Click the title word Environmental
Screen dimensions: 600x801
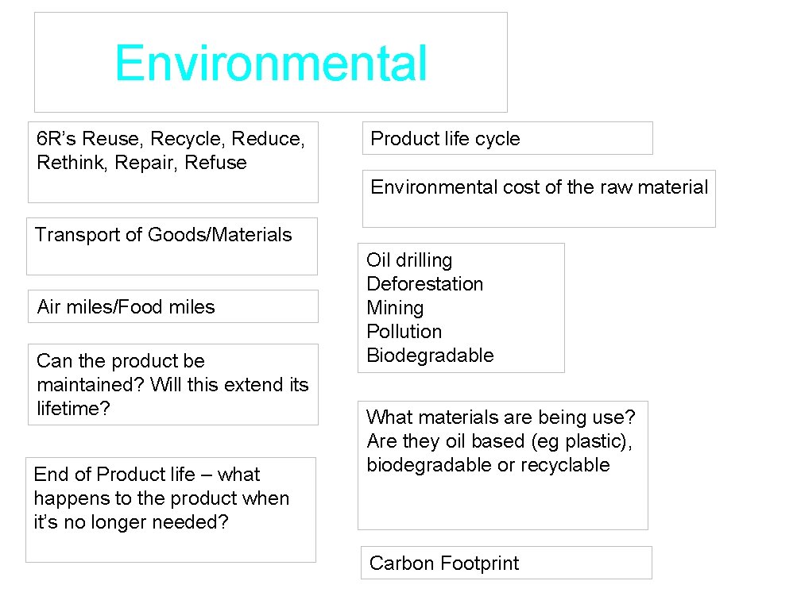click(271, 64)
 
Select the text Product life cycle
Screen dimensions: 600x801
click(445, 139)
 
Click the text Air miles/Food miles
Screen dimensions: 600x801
click(126, 307)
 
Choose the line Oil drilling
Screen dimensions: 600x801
click(409, 260)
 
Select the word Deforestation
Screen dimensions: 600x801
click(424, 284)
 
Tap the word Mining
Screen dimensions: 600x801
click(395, 308)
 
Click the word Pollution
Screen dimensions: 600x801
click(404, 332)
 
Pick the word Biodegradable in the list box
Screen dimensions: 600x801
click(430, 356)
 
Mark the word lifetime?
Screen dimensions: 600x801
click(73, 409)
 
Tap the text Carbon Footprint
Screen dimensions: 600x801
click(443, 563)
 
